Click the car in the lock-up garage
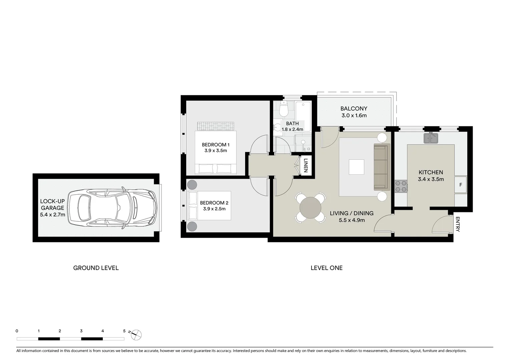coord(112,208)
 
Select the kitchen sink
coord(431,138)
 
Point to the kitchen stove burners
coord(401,186)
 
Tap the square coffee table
coord(356,167)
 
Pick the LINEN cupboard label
coord(306,165)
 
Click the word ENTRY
coord(457,224)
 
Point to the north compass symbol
coord(136,334)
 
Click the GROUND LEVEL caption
coord(96,268)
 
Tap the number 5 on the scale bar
coord(124,331)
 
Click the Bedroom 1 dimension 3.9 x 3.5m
coord(215,150)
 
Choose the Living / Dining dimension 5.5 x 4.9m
coord(352,220)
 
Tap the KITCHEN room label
coord(431,172)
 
